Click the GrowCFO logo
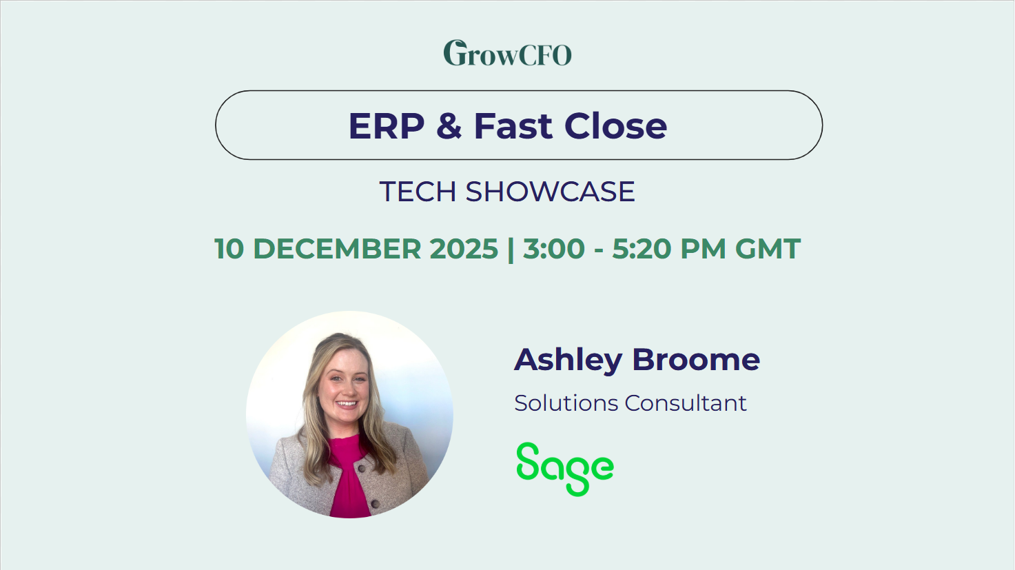point(507,53)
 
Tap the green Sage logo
point(564,469)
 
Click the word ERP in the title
point(387,126)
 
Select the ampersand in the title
point(449,126)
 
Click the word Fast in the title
point(513,126)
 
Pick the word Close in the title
point(615,126)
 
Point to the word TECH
point(418,192)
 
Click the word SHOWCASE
point(550,192)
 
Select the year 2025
point(464,249)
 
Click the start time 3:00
point(554,249)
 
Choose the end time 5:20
point(642,249)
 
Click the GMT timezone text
point(768,249)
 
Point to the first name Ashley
point(568,360)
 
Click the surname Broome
point(696,360)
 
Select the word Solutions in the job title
point(566,403)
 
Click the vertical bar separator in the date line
point(511,249)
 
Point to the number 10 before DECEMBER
point(229,249)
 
